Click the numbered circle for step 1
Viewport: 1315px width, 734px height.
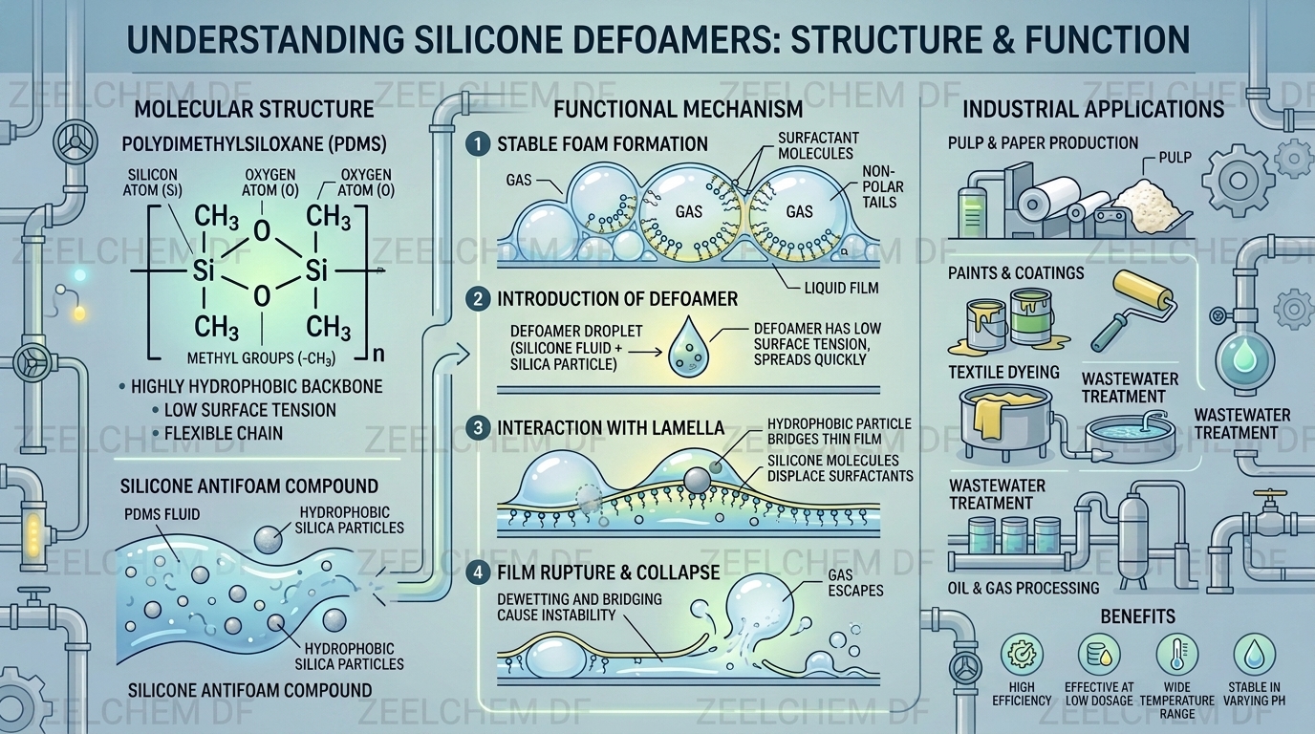478,144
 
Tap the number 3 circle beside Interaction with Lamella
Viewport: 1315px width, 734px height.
478,428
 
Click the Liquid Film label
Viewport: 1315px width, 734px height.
842,288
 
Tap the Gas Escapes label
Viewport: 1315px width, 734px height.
855,582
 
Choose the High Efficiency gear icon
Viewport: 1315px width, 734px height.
1022,654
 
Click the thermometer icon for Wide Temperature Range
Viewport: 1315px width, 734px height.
1177,654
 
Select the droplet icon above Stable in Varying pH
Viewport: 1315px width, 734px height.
1255,654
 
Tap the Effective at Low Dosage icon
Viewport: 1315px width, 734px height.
1099,654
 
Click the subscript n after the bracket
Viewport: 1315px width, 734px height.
378,354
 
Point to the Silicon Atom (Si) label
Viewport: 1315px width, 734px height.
153,183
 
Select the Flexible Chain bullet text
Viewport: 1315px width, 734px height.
224,433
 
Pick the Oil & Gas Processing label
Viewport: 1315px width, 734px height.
1024,588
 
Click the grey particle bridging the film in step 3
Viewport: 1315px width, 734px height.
697,480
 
